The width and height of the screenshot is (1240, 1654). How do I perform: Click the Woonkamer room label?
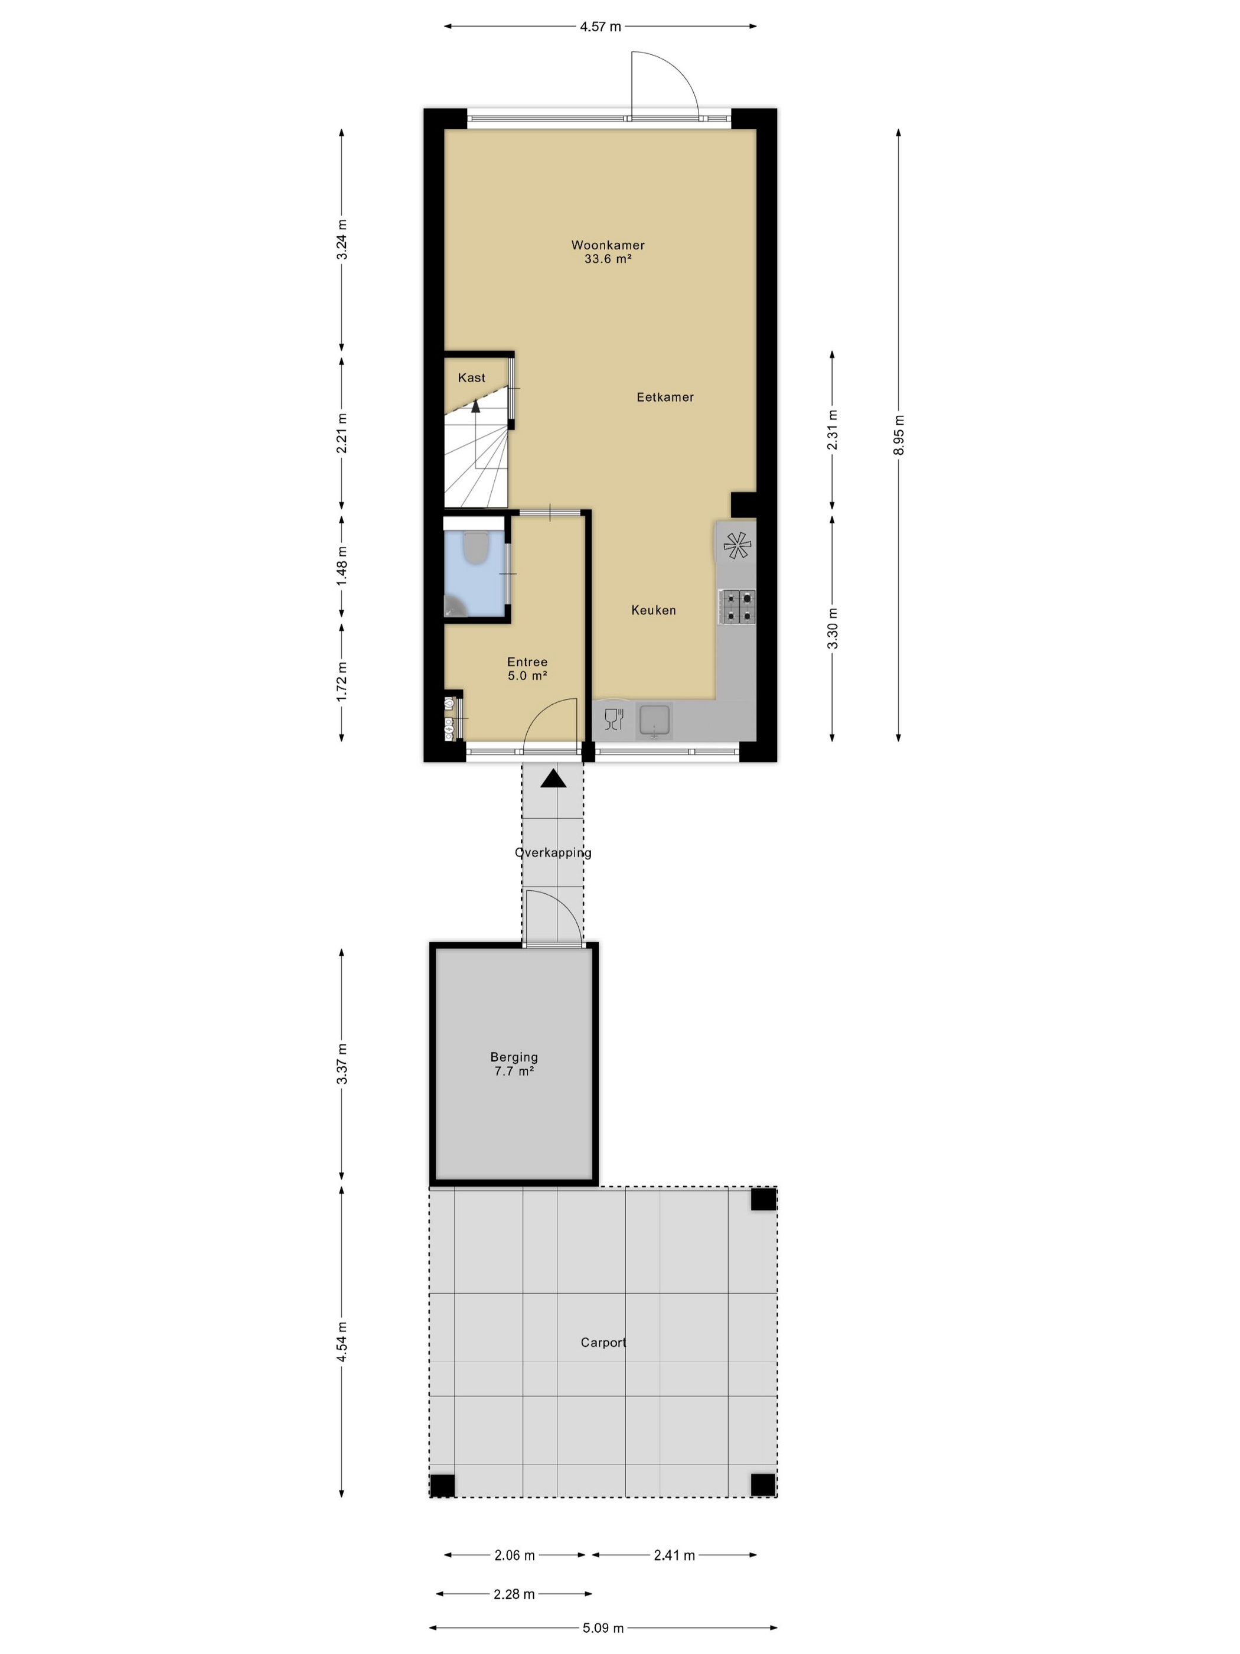tap(608, 245)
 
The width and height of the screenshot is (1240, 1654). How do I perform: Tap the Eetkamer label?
tap(664, 397)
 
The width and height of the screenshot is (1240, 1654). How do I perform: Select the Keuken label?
tap(653, 610)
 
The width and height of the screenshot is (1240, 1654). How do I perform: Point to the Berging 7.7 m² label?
tap(514, 1063)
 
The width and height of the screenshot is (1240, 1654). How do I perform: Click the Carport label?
tap(603, 1342)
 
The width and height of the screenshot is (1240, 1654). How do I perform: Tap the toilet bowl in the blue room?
tap(475, 548)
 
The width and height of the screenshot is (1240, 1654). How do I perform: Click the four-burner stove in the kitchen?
tap(737, 607)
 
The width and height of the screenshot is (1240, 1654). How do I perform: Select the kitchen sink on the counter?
tap(655, 720)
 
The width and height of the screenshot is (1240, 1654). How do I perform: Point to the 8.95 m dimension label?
tap(899, 434)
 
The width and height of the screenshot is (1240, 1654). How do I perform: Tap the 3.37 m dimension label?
tap(341, 1063)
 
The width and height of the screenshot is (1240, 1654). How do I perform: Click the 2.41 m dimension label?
tap(674, 1549)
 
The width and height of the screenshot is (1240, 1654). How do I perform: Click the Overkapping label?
tap(553, 852)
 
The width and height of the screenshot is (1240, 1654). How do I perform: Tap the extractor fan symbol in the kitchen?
tap(736, 545)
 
